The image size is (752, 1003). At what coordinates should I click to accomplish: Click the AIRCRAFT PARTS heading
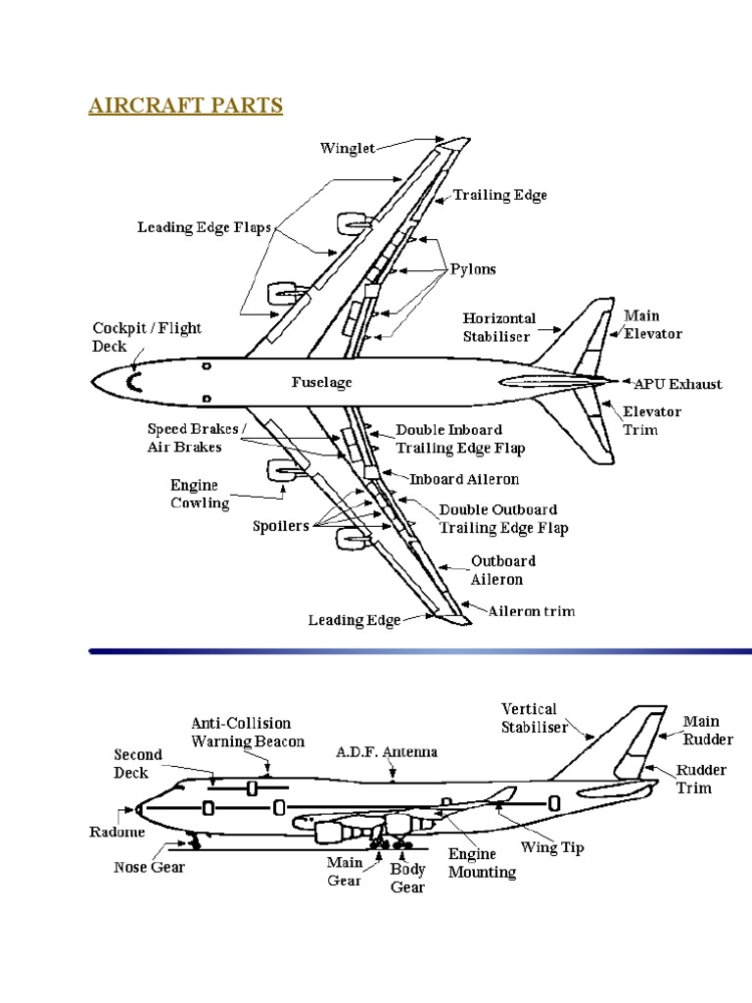pyautogui.click(x=185, y=106)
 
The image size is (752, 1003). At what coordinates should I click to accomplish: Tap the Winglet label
pyautogui.click(x=347, y=149)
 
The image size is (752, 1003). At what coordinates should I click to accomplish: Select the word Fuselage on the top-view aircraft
pyautogui.click(x=321, y=382)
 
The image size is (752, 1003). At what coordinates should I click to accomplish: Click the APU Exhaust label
pyautogui.click(x=678, y=383)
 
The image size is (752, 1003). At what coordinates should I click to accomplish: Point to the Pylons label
pyautogui.click(x=473, y=269)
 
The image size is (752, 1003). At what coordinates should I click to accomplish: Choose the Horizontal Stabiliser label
pyautogui.click(x=499, y=327)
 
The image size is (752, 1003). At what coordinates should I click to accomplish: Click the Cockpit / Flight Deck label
pyautogui.click(x=147, y=337)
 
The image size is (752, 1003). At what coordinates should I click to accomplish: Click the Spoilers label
pyautogui.click(x=281, y=526)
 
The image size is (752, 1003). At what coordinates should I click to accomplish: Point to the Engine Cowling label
pyautogui.click(x=200, y=495)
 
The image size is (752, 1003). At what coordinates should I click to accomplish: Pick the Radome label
pyautogui.click(x=118, y=832)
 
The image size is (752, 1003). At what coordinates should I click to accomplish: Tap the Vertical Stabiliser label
pyautogui.click(x=529, y=717)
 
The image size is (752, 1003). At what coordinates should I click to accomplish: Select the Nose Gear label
pyautogui.click(x=149, y=867)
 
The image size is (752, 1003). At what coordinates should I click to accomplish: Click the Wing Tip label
pyautogui.click(x=551, y=847)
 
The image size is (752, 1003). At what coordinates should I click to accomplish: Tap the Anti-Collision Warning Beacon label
pyautogui.click(x=248, y=733)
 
